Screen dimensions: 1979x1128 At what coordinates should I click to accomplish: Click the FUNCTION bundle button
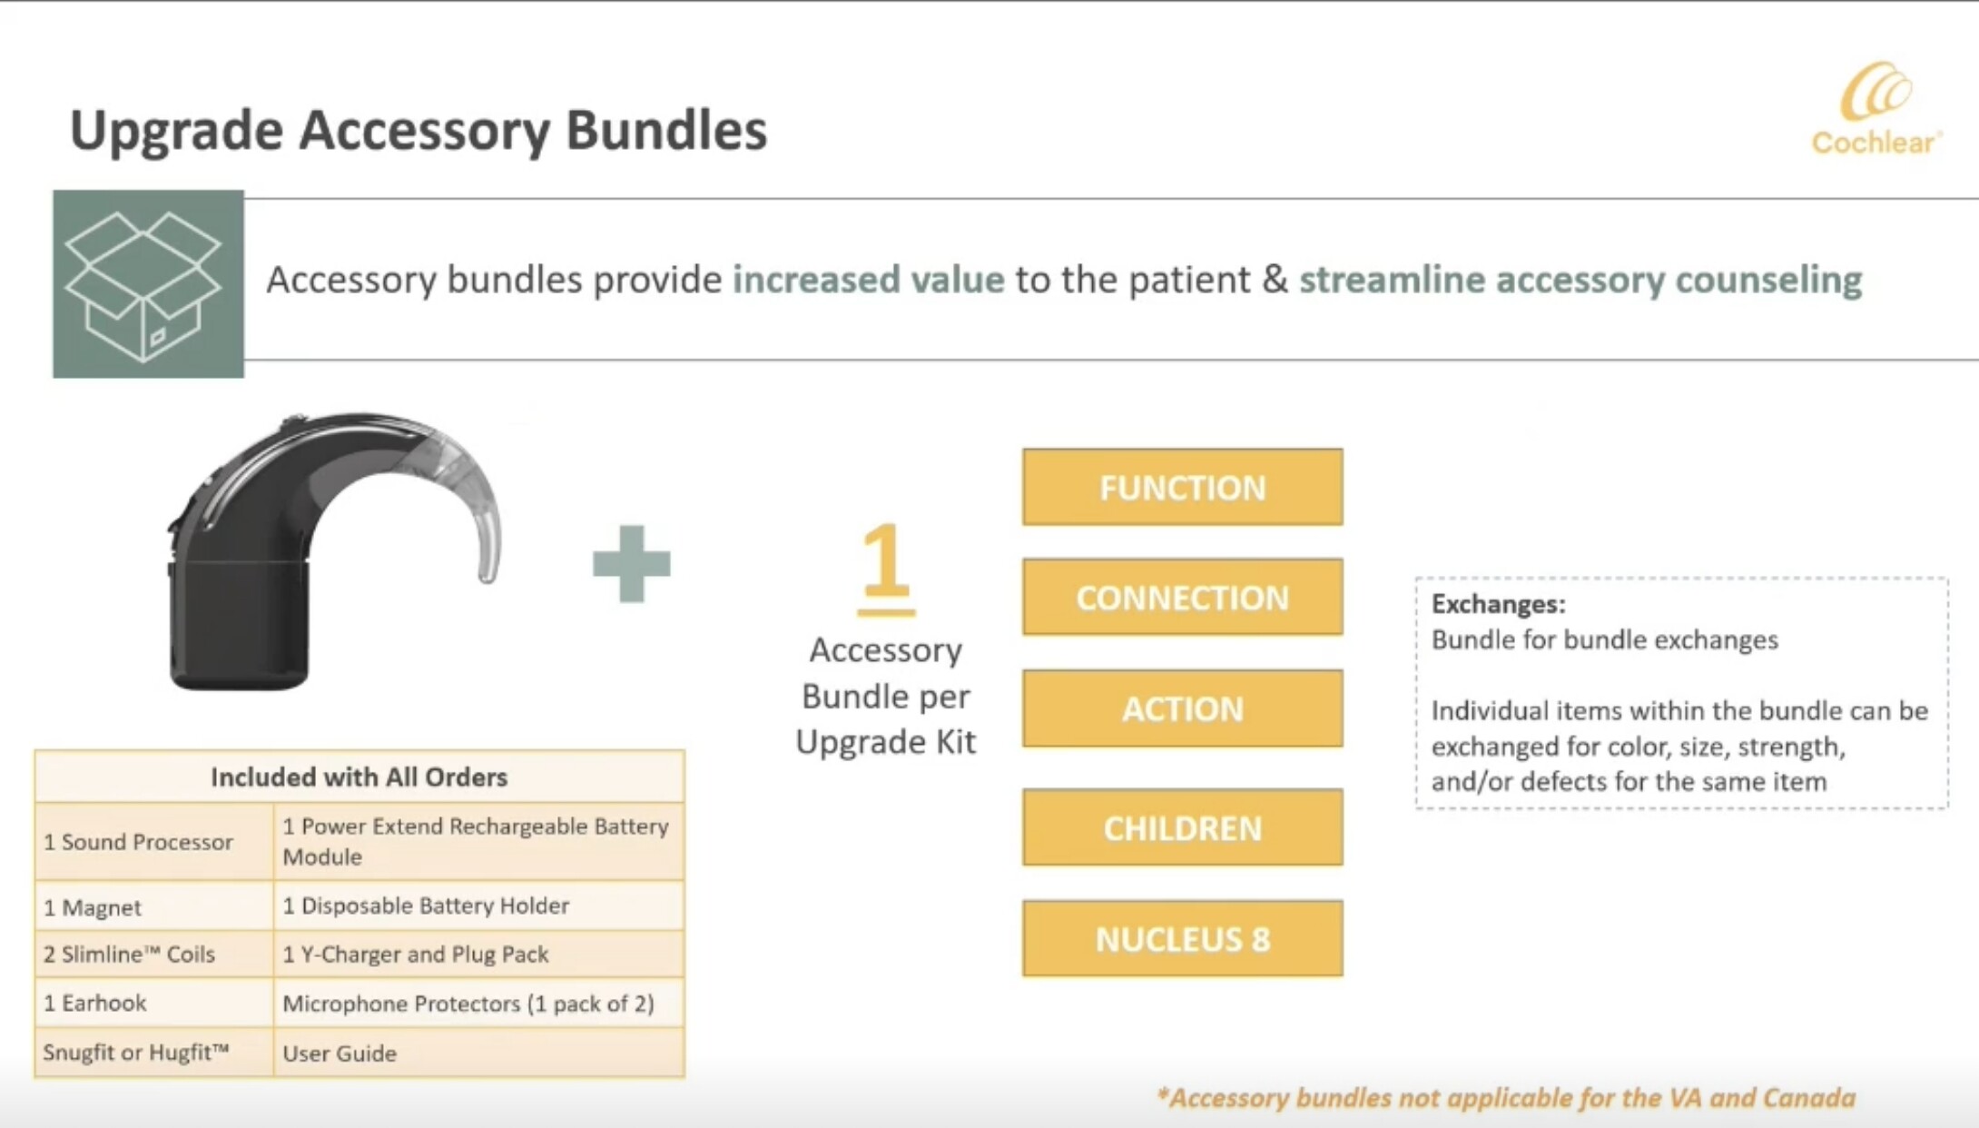[1182, 487]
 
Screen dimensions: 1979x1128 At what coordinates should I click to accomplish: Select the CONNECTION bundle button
[1182, 597]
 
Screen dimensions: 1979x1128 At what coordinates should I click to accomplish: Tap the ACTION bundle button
[1182, 708]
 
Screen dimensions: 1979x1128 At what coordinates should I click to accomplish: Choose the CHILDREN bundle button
[1182, 827]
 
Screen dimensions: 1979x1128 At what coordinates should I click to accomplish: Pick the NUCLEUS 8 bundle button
[1182, 938]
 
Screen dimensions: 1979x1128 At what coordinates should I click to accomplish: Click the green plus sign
[632, 563]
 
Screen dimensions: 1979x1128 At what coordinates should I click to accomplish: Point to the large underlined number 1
[885, 569]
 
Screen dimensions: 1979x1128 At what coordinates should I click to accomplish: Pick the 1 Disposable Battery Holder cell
[478, 905]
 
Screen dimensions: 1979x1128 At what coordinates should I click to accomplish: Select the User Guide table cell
[478, 1053]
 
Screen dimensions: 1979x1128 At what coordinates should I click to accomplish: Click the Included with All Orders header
[359, 777]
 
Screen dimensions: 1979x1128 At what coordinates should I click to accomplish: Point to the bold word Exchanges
[1498, 604]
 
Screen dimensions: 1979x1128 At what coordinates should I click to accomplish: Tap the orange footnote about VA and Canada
[1506, 1098]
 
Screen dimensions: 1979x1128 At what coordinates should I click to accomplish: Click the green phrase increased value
[869, 279]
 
